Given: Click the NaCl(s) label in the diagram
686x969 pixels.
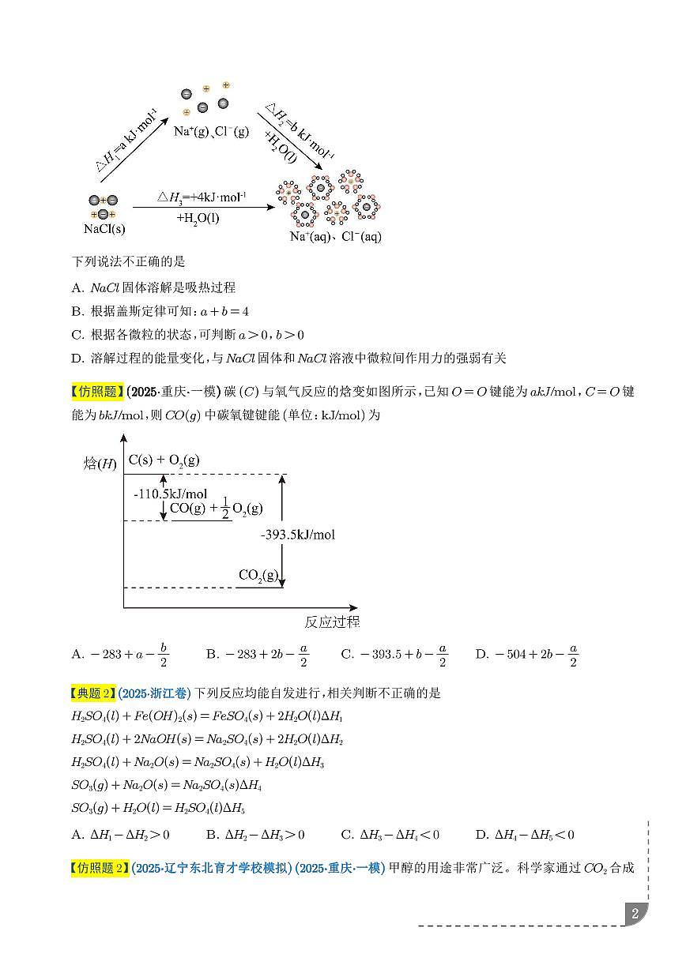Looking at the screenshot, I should click(104, 229).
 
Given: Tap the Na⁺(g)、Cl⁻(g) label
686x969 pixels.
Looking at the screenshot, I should click(211, 131).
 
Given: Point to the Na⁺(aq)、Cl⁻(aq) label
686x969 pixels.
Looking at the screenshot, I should click(335, 236).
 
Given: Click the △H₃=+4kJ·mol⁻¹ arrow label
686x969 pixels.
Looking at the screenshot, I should click(202, 196).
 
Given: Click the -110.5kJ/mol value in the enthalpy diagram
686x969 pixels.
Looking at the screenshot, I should click(160, 494).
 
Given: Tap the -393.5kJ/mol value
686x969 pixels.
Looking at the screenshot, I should click(298, 535).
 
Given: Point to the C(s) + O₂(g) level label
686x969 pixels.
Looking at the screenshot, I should click(164, 460).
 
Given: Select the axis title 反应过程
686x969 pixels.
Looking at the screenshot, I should click(332, 622).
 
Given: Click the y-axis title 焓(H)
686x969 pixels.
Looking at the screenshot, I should click(100, 463).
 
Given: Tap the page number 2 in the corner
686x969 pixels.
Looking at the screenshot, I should click(635, 915).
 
